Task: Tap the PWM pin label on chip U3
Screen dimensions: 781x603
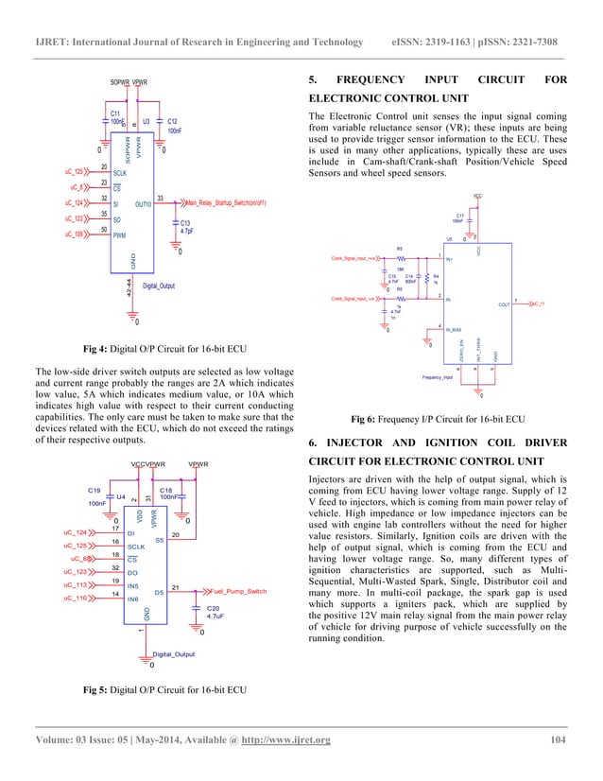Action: click(121, 234)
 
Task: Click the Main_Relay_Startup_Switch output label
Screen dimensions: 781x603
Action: click(225, 202)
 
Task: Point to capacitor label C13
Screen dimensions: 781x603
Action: click(185, 222)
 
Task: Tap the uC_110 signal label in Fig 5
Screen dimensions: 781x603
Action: click(75, 599)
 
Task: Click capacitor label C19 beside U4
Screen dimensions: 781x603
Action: click(95, 491)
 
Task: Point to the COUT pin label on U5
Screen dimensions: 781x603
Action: click(504, 304)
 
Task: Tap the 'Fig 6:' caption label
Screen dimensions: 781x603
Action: click(367, 418)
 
